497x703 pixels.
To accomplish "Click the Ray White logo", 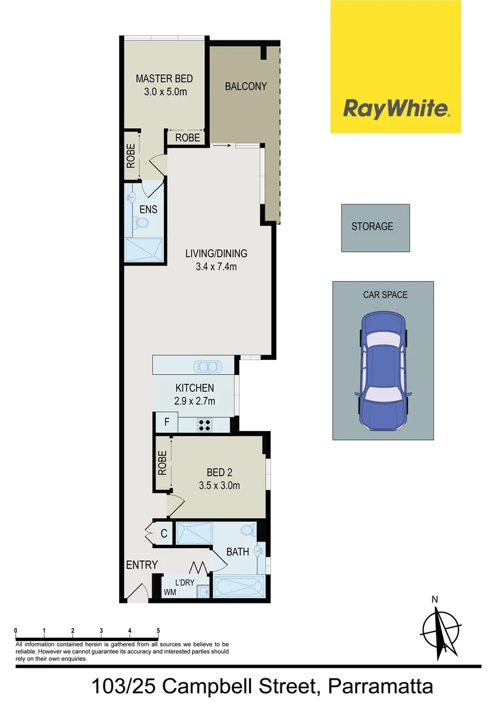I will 396,108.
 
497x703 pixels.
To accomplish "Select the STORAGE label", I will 372,227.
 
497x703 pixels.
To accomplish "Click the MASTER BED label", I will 165,79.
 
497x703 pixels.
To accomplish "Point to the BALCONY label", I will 246,86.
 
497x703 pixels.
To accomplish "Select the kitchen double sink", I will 206,365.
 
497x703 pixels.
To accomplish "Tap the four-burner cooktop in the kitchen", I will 204,424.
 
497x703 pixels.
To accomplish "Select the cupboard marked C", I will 164,534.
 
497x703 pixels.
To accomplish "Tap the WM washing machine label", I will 170,592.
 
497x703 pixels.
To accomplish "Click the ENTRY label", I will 142,564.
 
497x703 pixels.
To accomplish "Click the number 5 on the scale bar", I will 158,630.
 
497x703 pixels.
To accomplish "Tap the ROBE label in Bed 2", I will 162,463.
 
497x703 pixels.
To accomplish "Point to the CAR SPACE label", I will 385,295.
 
